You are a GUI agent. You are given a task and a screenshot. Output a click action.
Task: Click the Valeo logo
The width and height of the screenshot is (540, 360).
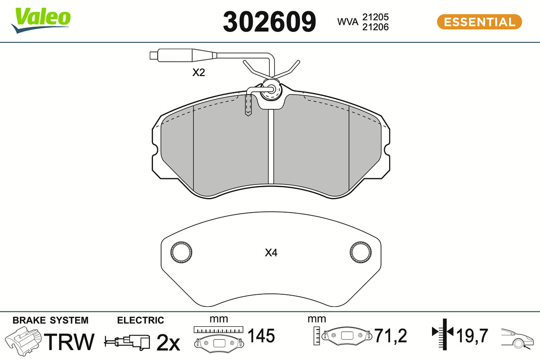coord(41,20)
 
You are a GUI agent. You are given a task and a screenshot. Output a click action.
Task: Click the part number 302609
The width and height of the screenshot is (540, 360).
coord(269,22)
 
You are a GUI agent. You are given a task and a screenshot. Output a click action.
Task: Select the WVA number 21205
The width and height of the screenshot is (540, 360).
coord(375,17)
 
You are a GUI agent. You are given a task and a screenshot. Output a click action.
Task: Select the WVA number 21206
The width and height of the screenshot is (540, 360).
coord(375,27)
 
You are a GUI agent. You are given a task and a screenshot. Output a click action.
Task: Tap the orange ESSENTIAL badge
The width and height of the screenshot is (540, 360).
coord(479,22)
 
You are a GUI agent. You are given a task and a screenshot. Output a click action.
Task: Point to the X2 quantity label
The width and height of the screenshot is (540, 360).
coord(198,72)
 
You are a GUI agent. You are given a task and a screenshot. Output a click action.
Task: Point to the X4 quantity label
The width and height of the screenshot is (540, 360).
coord(271,253)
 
